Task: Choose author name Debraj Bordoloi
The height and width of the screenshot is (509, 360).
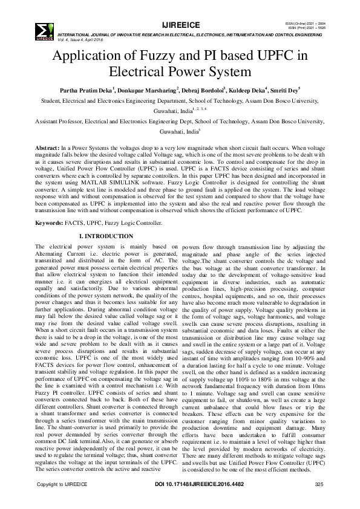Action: (198, 89)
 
